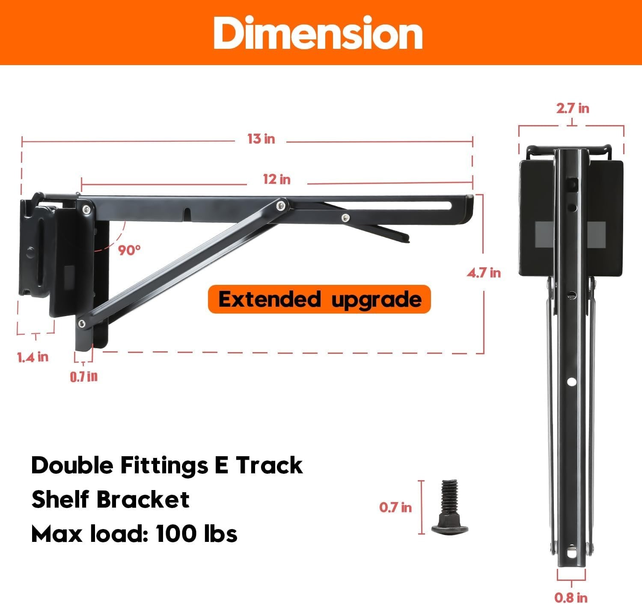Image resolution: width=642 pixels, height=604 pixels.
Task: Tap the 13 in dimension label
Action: [261, 139]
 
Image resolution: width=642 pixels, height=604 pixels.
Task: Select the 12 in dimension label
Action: [276, 179]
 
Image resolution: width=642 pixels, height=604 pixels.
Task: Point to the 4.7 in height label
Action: [484, 273]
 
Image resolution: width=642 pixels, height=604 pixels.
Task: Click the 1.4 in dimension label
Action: [33, 357]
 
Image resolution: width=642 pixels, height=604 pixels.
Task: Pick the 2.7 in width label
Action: [572, 108]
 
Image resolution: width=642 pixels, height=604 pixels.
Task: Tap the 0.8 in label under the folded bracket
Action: [571, 597]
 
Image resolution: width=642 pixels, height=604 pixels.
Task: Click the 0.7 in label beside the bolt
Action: [395, 507]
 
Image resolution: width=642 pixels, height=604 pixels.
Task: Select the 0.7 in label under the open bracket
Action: [83, 377]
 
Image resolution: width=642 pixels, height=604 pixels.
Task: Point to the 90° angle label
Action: [129, 250]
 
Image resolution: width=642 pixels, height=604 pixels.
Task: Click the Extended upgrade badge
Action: [319, 299]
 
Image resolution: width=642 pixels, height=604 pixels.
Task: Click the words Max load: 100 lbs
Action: [134, 534]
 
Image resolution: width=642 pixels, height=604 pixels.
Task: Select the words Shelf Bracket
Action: [110, 499]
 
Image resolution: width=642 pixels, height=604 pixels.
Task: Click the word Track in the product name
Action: [269, 465]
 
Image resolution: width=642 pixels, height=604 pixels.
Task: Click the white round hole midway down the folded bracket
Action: [571, 382]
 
